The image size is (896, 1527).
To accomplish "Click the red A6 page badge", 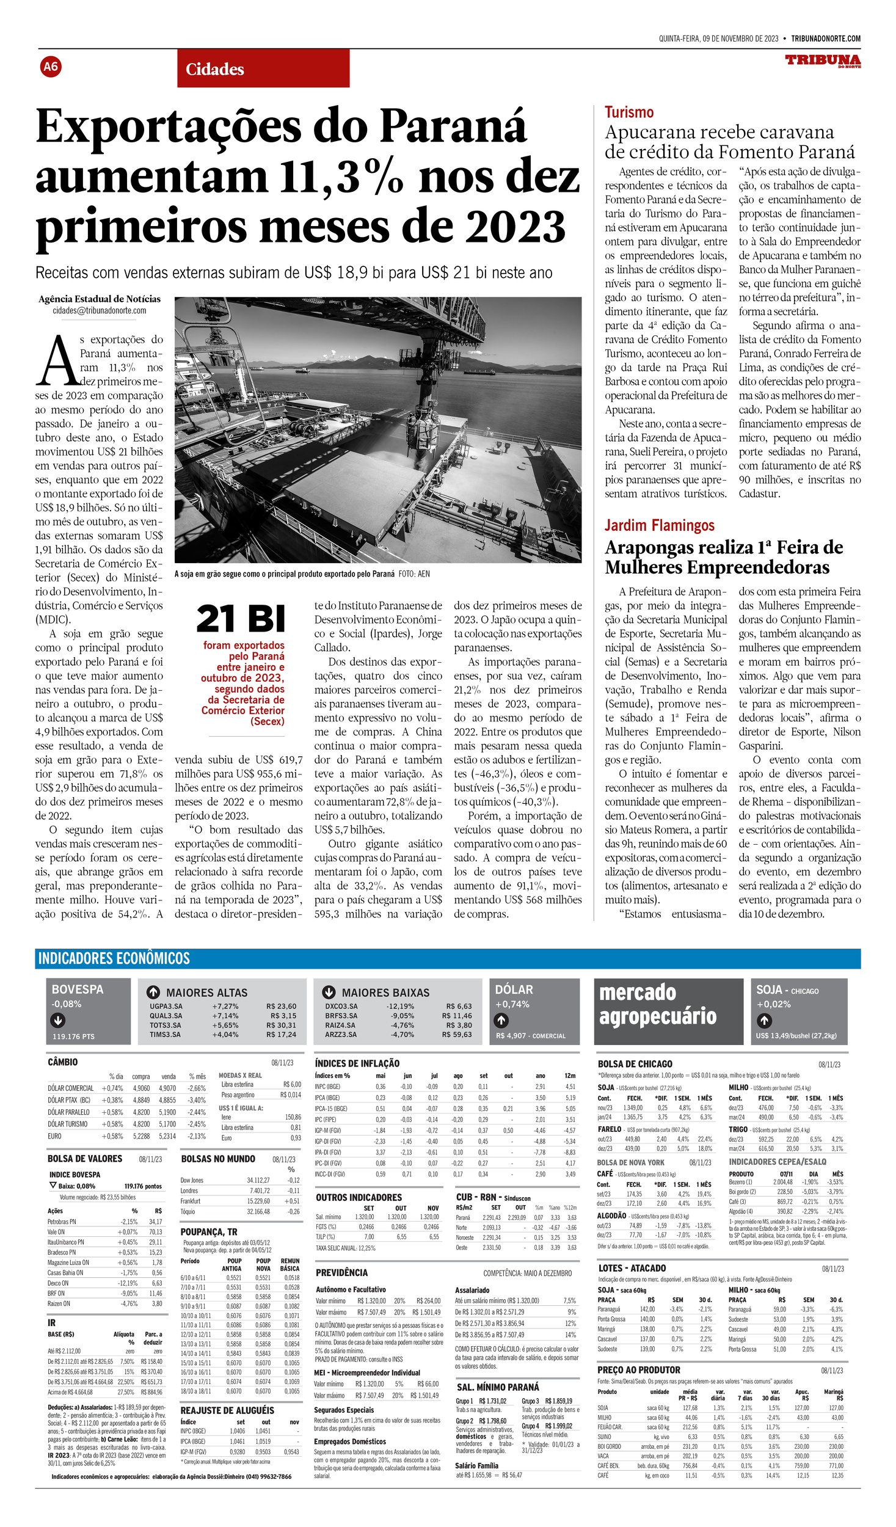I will (51, 66).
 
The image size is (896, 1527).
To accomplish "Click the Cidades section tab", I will (214, 70).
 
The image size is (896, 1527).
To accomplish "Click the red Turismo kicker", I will (628, 112).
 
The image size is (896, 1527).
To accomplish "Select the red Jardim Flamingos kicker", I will (659, 525).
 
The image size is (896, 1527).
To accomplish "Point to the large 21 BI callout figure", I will (241, 619).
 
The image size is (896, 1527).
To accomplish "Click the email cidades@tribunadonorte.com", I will (100, 310).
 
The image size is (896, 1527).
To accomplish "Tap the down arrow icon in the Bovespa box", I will (59, 1019).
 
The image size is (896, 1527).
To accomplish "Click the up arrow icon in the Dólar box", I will (501, 1019).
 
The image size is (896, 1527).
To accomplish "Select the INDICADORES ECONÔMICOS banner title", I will (114, 958).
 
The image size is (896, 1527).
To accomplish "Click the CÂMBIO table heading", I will (63, 1062).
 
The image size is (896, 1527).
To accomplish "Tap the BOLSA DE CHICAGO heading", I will (635, 1064).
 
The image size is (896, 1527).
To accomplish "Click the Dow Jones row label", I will (192, 1180).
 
